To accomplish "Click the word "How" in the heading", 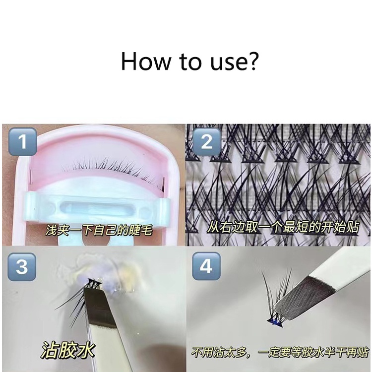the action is (146, 61).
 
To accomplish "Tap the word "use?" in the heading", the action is (234, 62).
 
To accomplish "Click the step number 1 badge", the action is (22, 142).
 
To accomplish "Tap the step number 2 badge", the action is (206, 142).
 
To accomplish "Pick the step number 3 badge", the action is (22, 267).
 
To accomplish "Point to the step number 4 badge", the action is (206, 266).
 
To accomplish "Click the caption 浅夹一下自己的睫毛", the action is (99, 230).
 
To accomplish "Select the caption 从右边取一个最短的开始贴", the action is (283, 227).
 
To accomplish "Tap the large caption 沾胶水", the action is (68, 350).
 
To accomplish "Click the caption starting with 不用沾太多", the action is (280, 352).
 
